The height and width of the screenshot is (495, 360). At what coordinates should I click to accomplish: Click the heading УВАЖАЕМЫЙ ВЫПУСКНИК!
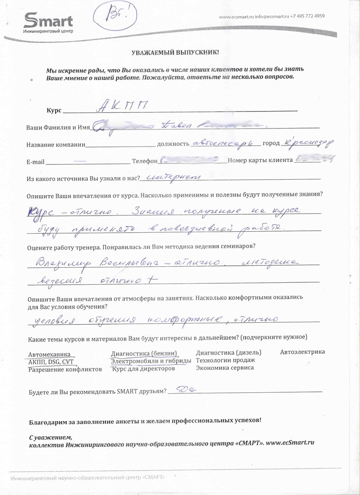[175, 52]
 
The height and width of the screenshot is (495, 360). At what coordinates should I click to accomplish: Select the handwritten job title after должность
[224, 143]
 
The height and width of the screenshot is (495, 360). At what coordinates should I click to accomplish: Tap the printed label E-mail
[35, 162]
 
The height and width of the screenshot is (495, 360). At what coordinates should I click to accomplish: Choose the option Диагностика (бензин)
[143, 353]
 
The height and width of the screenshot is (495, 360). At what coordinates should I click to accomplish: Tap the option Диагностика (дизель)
[228, 352]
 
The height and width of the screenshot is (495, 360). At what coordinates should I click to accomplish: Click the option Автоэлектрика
[302, 352]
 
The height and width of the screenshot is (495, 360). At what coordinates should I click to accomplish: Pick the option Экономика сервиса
[224, 368]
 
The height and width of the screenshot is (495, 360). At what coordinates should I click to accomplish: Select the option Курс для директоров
[143, 368]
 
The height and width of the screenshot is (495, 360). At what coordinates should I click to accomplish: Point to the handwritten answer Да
[184, 389]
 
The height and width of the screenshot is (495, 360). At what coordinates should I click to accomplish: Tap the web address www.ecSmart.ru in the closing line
[290, 443]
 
